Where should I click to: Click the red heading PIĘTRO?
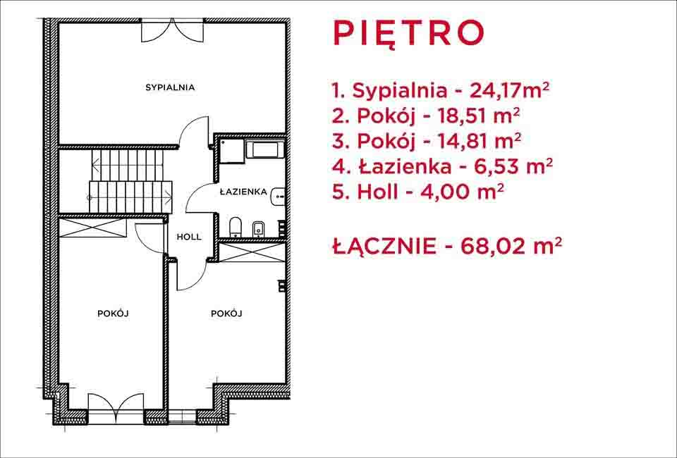pyautogui.click(x=408, y=34)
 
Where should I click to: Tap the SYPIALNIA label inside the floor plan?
pyautogui.click(x=170, y=87)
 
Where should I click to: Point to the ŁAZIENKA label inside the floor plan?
pyautogui.click(x=243, y=192)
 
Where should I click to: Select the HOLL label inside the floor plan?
pyautogui.click(x=189, y=237)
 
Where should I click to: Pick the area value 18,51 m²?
pyautogui.click(x=478, y=116)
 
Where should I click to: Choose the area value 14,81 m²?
pyautogui.click(x=479, y=141)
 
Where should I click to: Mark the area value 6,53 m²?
pyautogui.click(x=513, y=166)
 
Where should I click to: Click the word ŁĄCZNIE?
pyautogui.click(x=384, y=246)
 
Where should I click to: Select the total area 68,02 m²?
pyautogui.click(x=512, y=246)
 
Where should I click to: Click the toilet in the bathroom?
pyautogui.click(x=236, y=228)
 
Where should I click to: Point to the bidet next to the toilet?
pyautogui.click(x=258, y=229)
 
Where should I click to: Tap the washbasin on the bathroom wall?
pyautogui.click(x=279, y=197)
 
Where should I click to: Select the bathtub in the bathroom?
pyautogui.click(x=264, y=150)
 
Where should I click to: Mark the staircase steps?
pyautogui.click(x=131, y=181)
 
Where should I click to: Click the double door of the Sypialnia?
pyautogui.click(x=172, y=30)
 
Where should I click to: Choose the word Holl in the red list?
pyautogui.click(x=377, y=192)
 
